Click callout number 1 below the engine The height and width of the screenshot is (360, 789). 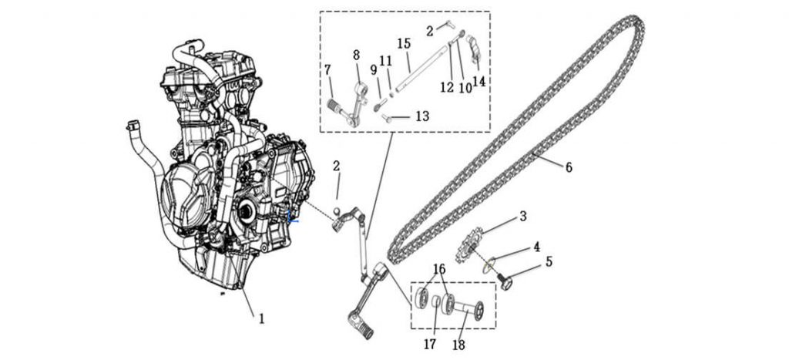click(x=261, y=318)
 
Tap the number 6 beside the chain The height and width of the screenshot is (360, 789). click(x=568, y=167)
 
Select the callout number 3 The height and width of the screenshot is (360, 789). click(x=522, y=217)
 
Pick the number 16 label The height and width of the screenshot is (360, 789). click(x=439, y=268)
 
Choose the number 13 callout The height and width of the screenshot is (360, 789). click(x=422, y=116)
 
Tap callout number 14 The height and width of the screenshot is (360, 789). click(x=479, y=82)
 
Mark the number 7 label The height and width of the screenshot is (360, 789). click(x=327, y=70)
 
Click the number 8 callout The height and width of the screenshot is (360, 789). click(x=356, y=56)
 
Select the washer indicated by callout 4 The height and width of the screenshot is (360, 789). click(x=487, y=267)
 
